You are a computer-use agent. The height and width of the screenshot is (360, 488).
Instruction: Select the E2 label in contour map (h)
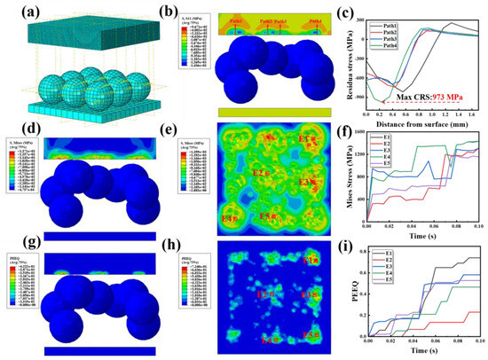(x=263, y=293)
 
